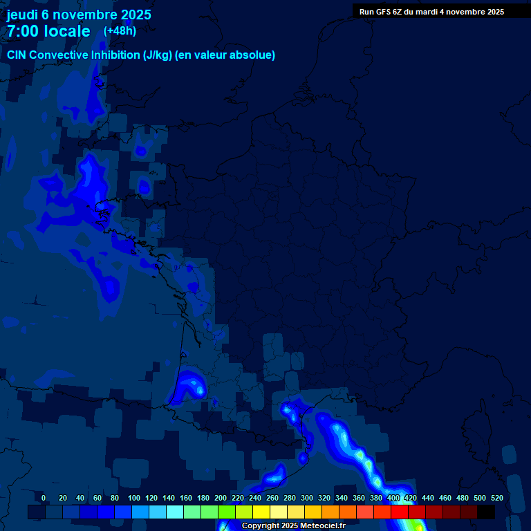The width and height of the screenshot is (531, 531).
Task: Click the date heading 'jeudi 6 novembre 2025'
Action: coord(79,15)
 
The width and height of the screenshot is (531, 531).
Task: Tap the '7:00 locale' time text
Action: coord(48,31)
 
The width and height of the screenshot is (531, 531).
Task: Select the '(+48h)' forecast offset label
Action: coord(120,30)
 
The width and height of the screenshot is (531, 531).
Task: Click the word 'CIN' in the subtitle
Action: coord(18,55)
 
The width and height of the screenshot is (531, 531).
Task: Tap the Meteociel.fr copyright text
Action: coord(293,525)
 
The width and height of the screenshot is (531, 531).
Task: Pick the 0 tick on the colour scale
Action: coord(44,498)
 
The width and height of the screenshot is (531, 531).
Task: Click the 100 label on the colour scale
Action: coord(134,498)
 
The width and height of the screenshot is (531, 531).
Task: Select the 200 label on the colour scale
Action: coord(221,498)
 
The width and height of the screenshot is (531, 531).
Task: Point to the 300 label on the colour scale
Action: coord(307,498)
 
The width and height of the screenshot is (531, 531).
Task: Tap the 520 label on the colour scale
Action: coord(496,498)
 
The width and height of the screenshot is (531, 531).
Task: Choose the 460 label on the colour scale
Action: coord(445,498)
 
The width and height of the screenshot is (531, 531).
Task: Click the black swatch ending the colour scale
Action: coord(486,512)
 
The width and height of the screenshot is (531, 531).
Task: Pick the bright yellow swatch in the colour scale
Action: coord(261,512)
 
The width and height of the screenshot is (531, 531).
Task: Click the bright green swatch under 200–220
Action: coord(227,512)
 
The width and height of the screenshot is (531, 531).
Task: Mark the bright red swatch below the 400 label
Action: coord(400,512)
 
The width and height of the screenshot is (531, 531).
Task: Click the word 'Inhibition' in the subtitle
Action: coord(115,55)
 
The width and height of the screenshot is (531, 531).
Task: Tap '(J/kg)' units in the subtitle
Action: coord(158,55)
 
